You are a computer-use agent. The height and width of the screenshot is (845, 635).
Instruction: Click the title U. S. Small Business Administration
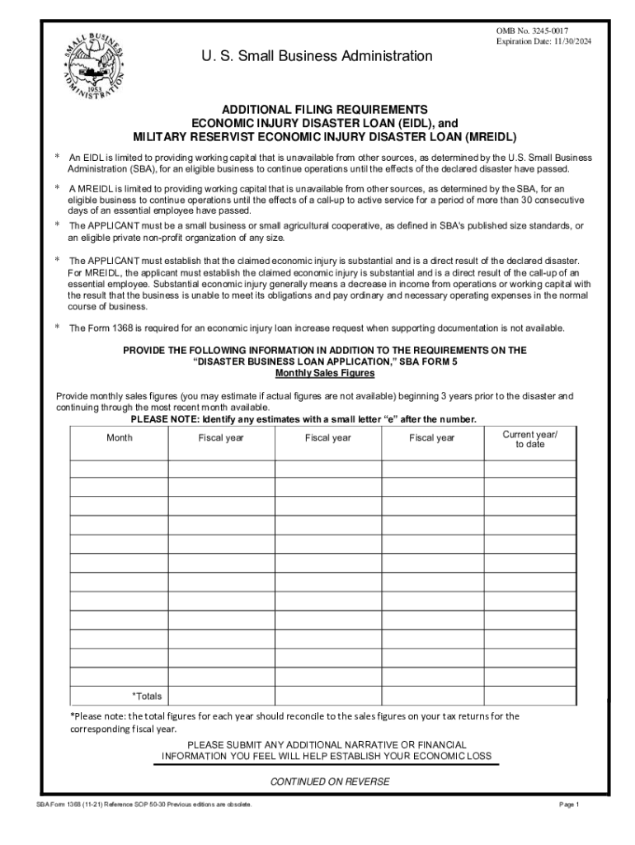click(x=317, y=56)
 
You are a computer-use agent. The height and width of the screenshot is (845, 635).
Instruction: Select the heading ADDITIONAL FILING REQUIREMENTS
click(x=322, y=110)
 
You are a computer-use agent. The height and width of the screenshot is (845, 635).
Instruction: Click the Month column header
click(x=119, y=437)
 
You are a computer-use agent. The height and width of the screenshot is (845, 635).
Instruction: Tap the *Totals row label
click(x=148, y=696)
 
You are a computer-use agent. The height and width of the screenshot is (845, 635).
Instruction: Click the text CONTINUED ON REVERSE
click(x=330, y=781)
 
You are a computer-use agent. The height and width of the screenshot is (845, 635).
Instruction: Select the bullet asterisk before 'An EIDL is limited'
click(x=58, y=157)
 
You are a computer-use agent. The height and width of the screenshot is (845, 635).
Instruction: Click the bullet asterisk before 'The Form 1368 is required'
click(x=58, y=328)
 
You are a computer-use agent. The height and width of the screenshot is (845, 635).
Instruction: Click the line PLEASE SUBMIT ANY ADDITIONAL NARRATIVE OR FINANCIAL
click(x=327, y=744)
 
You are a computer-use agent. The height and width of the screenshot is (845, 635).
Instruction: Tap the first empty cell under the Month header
click(x=119, y=468)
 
